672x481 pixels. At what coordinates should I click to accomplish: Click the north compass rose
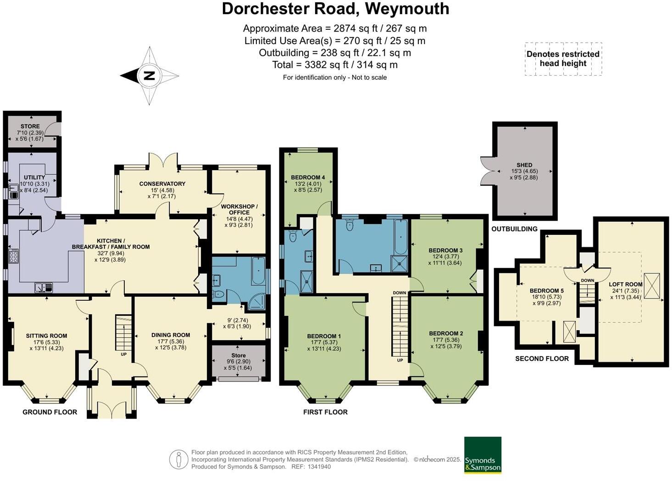point(150,76)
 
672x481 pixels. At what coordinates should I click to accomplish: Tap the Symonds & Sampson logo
point(483,455)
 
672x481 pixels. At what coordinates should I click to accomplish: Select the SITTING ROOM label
point(46,336)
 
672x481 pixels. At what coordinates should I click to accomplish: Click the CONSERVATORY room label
point(162,183)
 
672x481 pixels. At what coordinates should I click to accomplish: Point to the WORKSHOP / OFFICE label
point(239,210)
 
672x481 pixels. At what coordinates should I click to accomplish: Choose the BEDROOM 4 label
point(308,177)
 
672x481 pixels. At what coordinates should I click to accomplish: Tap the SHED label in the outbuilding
point(524,165)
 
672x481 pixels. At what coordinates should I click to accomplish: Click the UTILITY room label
point(34,177)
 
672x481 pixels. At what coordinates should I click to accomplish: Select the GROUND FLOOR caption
point(50,412)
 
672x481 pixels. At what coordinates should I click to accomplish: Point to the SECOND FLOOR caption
point(542,359)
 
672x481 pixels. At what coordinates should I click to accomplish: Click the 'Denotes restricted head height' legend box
point(563,59)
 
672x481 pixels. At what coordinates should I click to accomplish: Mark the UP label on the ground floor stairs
point(123,354)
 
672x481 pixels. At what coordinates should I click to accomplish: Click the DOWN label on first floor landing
point(399,293)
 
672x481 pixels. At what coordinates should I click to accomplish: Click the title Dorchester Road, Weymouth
point(335,9)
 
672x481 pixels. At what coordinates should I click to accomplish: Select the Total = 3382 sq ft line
point(335,65)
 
